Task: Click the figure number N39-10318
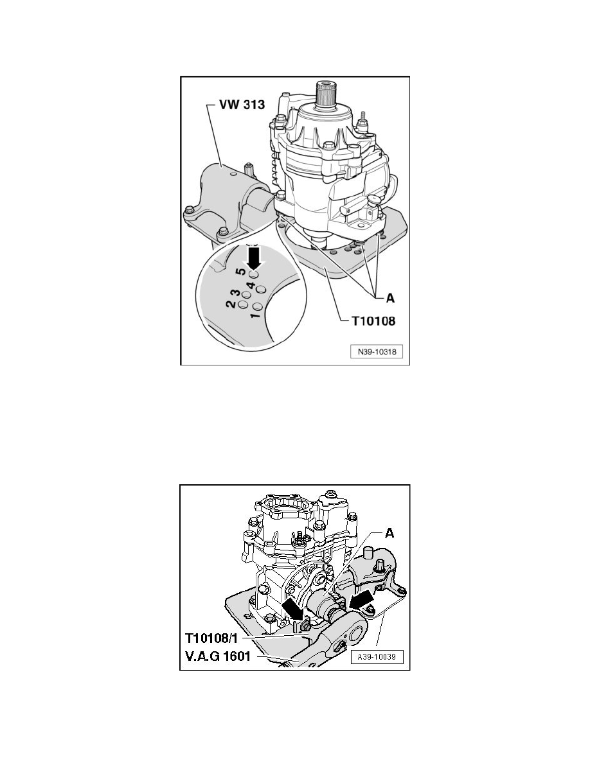click(x=376, y=353)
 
